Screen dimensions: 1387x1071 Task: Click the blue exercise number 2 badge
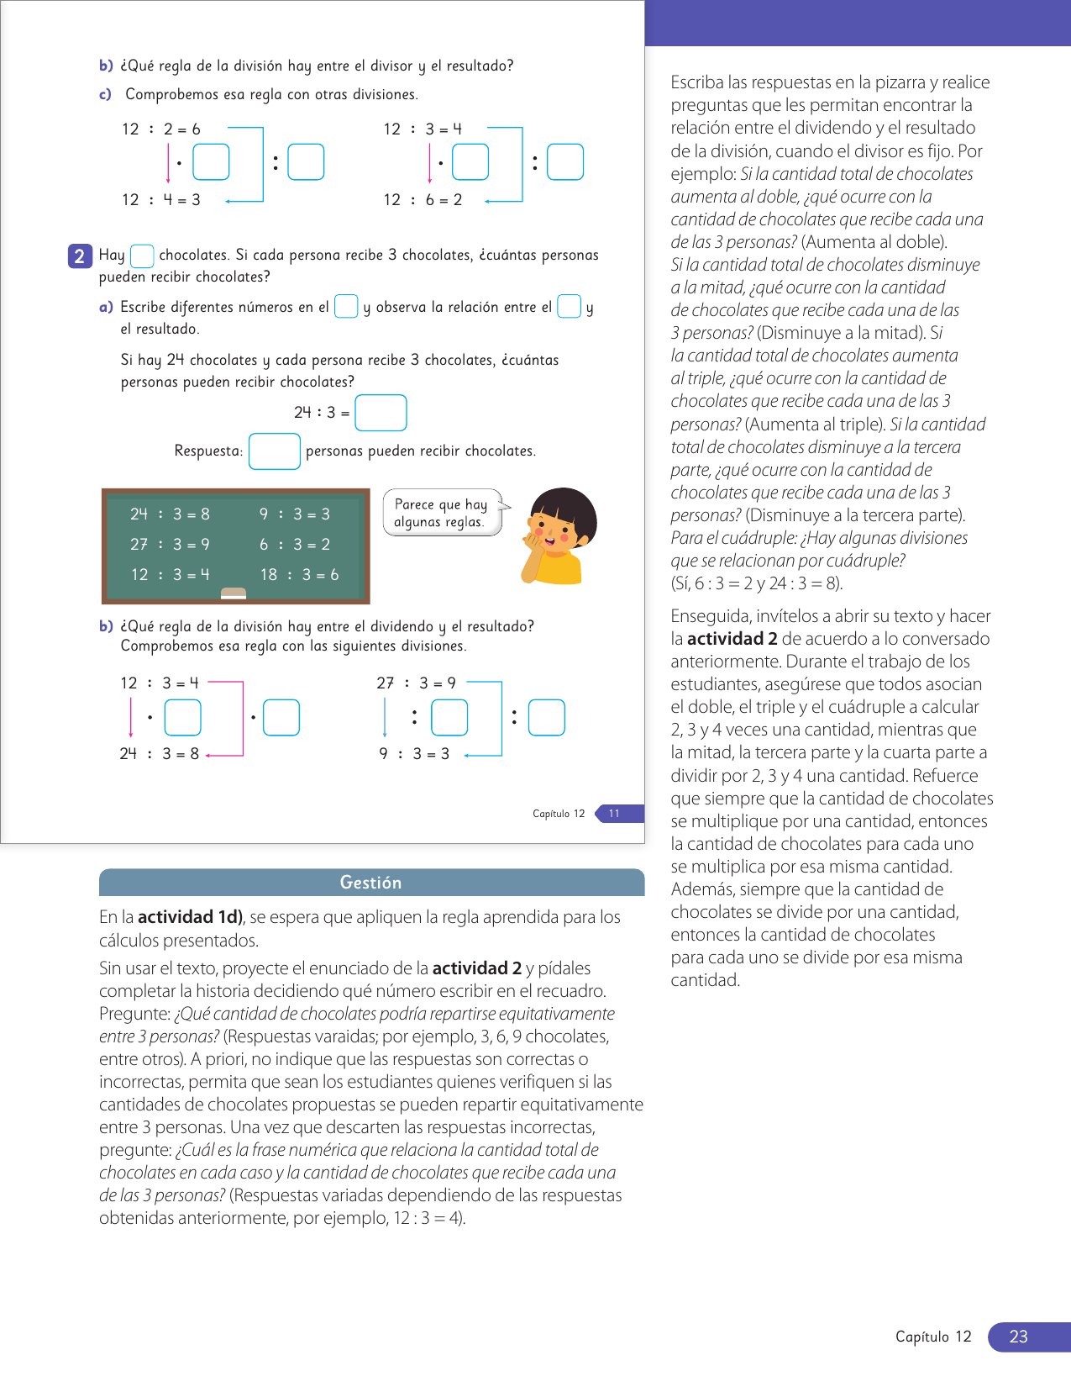[x=79, y=256]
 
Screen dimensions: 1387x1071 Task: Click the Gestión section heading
[x=370, y=882]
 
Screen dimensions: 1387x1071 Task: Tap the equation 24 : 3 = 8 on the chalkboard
[x=170, y=514]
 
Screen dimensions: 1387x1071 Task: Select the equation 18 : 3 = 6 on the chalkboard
[x=299, y=574]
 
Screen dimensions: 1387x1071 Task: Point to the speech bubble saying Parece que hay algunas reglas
[x=441, y=513]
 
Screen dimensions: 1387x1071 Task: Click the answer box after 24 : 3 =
[x=381, y=413]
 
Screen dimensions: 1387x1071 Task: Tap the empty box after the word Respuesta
[x=275, y=451]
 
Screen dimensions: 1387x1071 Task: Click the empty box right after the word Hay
[x=142, y=256]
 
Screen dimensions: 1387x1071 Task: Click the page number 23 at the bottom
[x=1018, y=1337]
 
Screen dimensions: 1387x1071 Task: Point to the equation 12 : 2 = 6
[x=161, y=129]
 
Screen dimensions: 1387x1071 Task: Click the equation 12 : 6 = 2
[x=423, y=199]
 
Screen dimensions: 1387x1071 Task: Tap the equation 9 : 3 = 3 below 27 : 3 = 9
[x=414, y=753]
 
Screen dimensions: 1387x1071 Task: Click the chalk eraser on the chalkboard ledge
[x=234, y=593]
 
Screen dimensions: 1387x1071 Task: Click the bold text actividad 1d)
[x=191, y=916]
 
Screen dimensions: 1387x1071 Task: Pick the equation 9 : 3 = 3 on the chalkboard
[x=294, y=514]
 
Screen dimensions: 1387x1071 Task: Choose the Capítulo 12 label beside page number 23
[x=933, y=1337]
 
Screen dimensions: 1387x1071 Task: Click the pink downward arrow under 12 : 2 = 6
[x=168, y=164]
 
